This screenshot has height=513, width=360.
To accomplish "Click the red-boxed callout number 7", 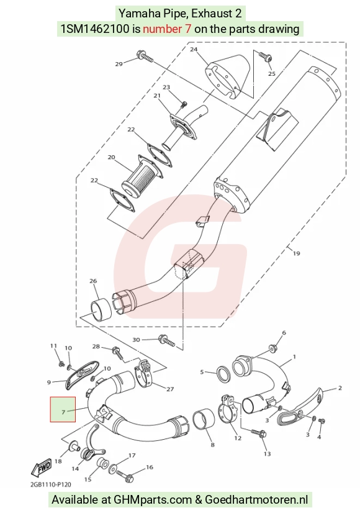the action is tap(63, 412).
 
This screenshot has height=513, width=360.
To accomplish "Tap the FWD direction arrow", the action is tap(41, 468).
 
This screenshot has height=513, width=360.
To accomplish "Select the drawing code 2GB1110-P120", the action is tap(51, 484).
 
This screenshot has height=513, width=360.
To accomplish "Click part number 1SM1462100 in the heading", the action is tap(95, 29).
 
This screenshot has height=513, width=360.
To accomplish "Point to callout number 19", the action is tap(296, 253).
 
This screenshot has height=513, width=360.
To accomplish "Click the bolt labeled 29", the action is tap(145, 57).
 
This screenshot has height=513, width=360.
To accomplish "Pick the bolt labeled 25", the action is tap(264, 57).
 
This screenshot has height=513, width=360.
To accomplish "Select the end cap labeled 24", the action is tap(228, 78).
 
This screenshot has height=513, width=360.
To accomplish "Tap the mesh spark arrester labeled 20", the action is tap(142, 179).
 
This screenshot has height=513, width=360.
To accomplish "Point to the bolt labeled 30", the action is tap(167, 340).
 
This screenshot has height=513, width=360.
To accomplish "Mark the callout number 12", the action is tap(238, 438).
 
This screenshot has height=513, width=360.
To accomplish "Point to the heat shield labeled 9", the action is tap(81, 374).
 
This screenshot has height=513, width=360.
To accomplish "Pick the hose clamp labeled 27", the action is tap(144, 374).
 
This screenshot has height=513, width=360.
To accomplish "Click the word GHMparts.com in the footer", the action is tap(153, 499).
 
